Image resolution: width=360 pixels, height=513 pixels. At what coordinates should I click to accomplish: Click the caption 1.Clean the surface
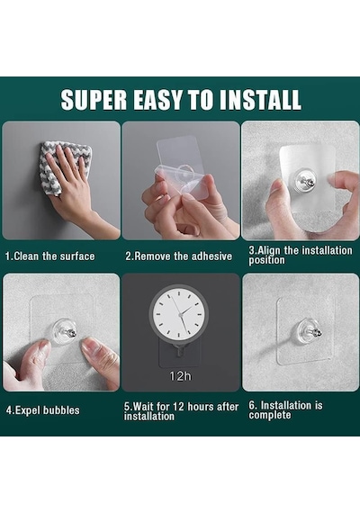(x=49, y=256)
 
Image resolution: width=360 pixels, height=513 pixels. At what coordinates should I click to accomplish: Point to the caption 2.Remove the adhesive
(x=179, y=256)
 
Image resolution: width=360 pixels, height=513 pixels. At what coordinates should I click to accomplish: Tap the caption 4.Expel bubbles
(x=42, y=410)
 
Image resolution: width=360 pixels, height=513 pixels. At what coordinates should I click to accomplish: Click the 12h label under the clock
(x=180, y=376)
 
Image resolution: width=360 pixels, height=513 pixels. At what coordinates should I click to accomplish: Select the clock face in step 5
(x=179, y=314)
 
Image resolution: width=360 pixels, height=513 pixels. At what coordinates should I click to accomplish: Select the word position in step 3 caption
(x=266, y=260)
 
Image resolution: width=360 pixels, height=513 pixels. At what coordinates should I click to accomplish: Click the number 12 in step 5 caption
(x=179, y=407)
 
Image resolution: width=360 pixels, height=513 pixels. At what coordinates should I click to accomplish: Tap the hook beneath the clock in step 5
(x=179, y=351)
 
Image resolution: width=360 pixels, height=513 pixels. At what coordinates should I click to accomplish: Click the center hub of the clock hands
(x=180, y=314)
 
